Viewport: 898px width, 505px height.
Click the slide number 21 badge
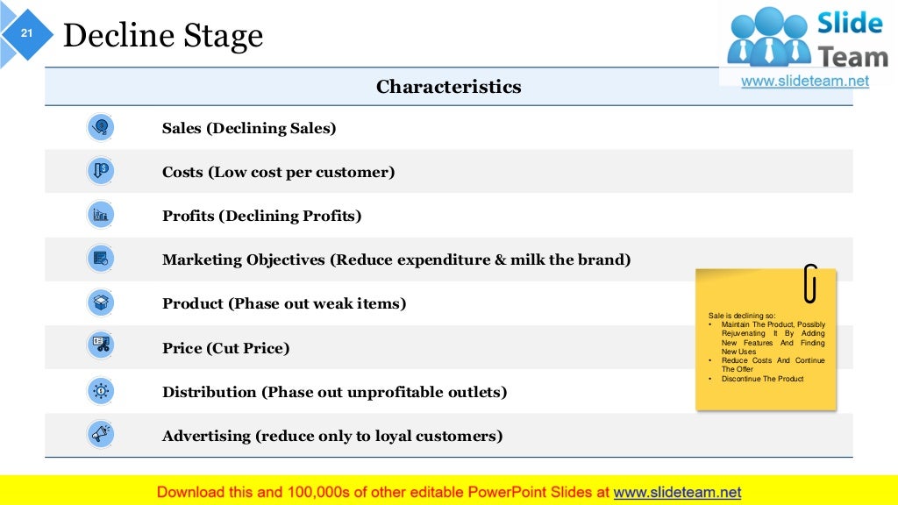click(26, 33)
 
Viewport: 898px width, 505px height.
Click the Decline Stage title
click(163, 36)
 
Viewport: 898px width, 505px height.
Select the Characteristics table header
click(448, 87)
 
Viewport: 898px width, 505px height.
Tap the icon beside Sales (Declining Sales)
click(101, 128)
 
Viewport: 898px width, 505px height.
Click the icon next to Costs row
click(101, 171)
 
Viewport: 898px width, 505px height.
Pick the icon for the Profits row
click(101, 215)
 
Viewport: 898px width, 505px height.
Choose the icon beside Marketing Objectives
click(101, 259)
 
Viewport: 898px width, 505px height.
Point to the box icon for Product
click(101, 303)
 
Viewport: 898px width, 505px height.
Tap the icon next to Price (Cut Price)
click(101, 346)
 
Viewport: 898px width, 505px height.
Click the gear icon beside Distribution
click(101, 391)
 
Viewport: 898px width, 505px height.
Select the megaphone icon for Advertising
click(101, 434)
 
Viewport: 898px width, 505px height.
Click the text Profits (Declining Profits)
click(261, 216)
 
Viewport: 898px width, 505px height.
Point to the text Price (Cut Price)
click(225, 348)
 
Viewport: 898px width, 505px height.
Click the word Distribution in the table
click(209, 392)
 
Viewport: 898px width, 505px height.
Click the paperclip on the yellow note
click(810, 283)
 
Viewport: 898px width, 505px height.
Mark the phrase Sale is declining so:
click(742, 316)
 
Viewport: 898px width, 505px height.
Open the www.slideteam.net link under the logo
click(805, 81)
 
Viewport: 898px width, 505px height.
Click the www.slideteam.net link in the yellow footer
click(677, 492)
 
